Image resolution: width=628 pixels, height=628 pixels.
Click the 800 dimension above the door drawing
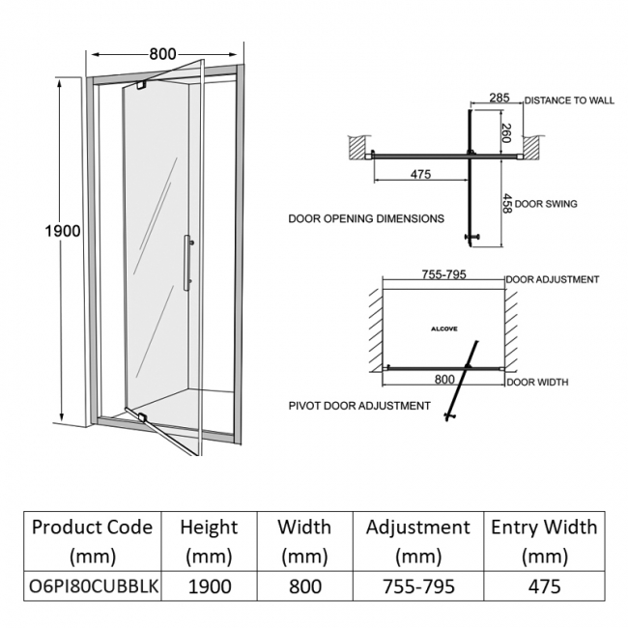coord(162,55)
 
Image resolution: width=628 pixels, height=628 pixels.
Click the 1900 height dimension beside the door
coord(63,232)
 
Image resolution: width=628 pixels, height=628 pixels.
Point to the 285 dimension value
coord(499,99)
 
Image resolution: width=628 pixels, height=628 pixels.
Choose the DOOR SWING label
coord(546,204)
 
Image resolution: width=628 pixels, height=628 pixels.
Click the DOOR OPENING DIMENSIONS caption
coord(366,218)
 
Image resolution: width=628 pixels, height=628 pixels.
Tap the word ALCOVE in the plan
coord(443,328)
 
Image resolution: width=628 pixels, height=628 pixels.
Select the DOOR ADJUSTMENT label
coord(553,279)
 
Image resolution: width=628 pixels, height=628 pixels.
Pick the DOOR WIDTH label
coord(537,383)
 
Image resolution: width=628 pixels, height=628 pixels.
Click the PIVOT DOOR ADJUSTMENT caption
coord(359,406)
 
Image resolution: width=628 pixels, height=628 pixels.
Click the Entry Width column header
coord(544,541)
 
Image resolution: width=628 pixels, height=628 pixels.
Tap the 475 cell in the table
coord(544,585)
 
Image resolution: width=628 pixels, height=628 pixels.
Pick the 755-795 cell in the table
coord(417,585)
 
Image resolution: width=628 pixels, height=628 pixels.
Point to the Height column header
coord(209,541)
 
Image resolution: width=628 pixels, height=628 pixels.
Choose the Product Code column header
coord(92,541)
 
